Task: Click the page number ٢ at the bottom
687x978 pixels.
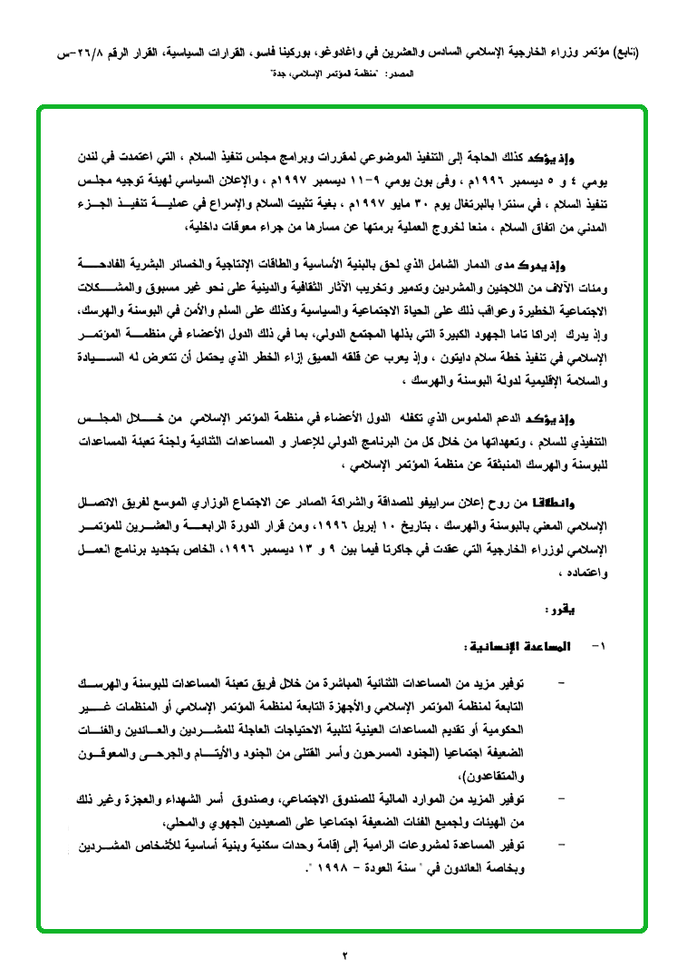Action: pyautogui.click(x=344, y=954)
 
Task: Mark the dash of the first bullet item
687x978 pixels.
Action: pyautogui.click(x=566, y=680)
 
